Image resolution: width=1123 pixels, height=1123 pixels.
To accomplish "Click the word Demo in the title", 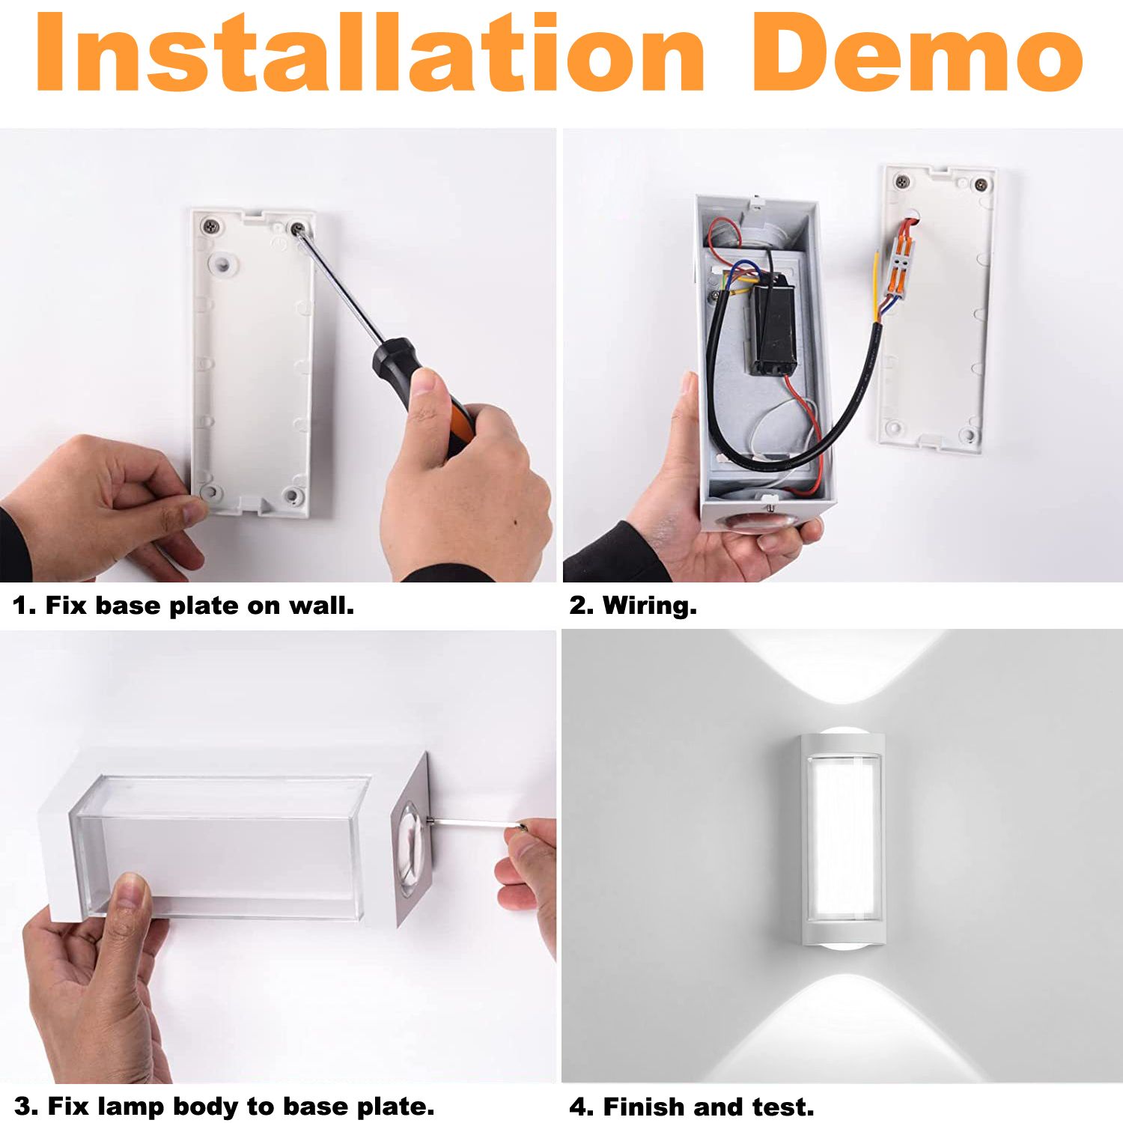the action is (x=918, y=52).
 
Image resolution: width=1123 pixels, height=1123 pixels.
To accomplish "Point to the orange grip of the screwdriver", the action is (x=459, y=427).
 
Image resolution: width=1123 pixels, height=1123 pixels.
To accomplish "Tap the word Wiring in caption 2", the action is (x=649, y=605).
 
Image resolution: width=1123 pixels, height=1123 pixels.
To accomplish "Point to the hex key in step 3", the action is (x=476, y=824).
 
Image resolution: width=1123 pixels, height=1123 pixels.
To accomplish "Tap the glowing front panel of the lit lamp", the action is (x=843, y=838).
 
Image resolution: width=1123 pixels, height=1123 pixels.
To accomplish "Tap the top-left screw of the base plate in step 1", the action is (x=210, y=225).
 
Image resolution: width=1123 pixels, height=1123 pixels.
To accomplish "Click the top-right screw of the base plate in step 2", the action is (x=980, y=185).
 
